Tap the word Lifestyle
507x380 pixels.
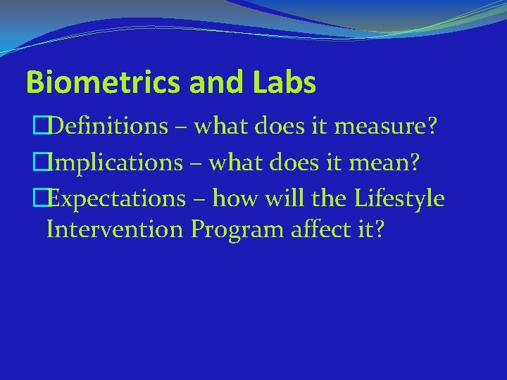pyautogui.click(x=399, y=199)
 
